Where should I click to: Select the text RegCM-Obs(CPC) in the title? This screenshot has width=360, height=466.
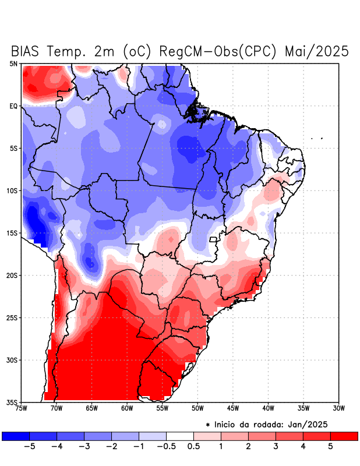pos(218,51)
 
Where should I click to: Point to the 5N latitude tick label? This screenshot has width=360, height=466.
pos(13,63)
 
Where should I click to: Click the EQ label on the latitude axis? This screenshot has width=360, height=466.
pos(13,106)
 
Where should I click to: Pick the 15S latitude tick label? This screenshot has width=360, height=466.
pos(12,233)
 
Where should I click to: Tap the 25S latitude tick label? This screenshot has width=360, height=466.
pos(12,318)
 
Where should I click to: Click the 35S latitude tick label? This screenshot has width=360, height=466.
pos(12,403)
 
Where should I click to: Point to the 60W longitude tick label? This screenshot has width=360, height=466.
pos(126,408)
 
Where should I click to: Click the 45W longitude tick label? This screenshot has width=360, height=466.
pos(233,408)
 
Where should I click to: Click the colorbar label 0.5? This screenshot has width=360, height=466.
pos(193,446)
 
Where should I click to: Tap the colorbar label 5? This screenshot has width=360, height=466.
pos(331,446)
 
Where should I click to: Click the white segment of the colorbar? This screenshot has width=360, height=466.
pos(180,436)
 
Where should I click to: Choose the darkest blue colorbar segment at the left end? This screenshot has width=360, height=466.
pos(15,436)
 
